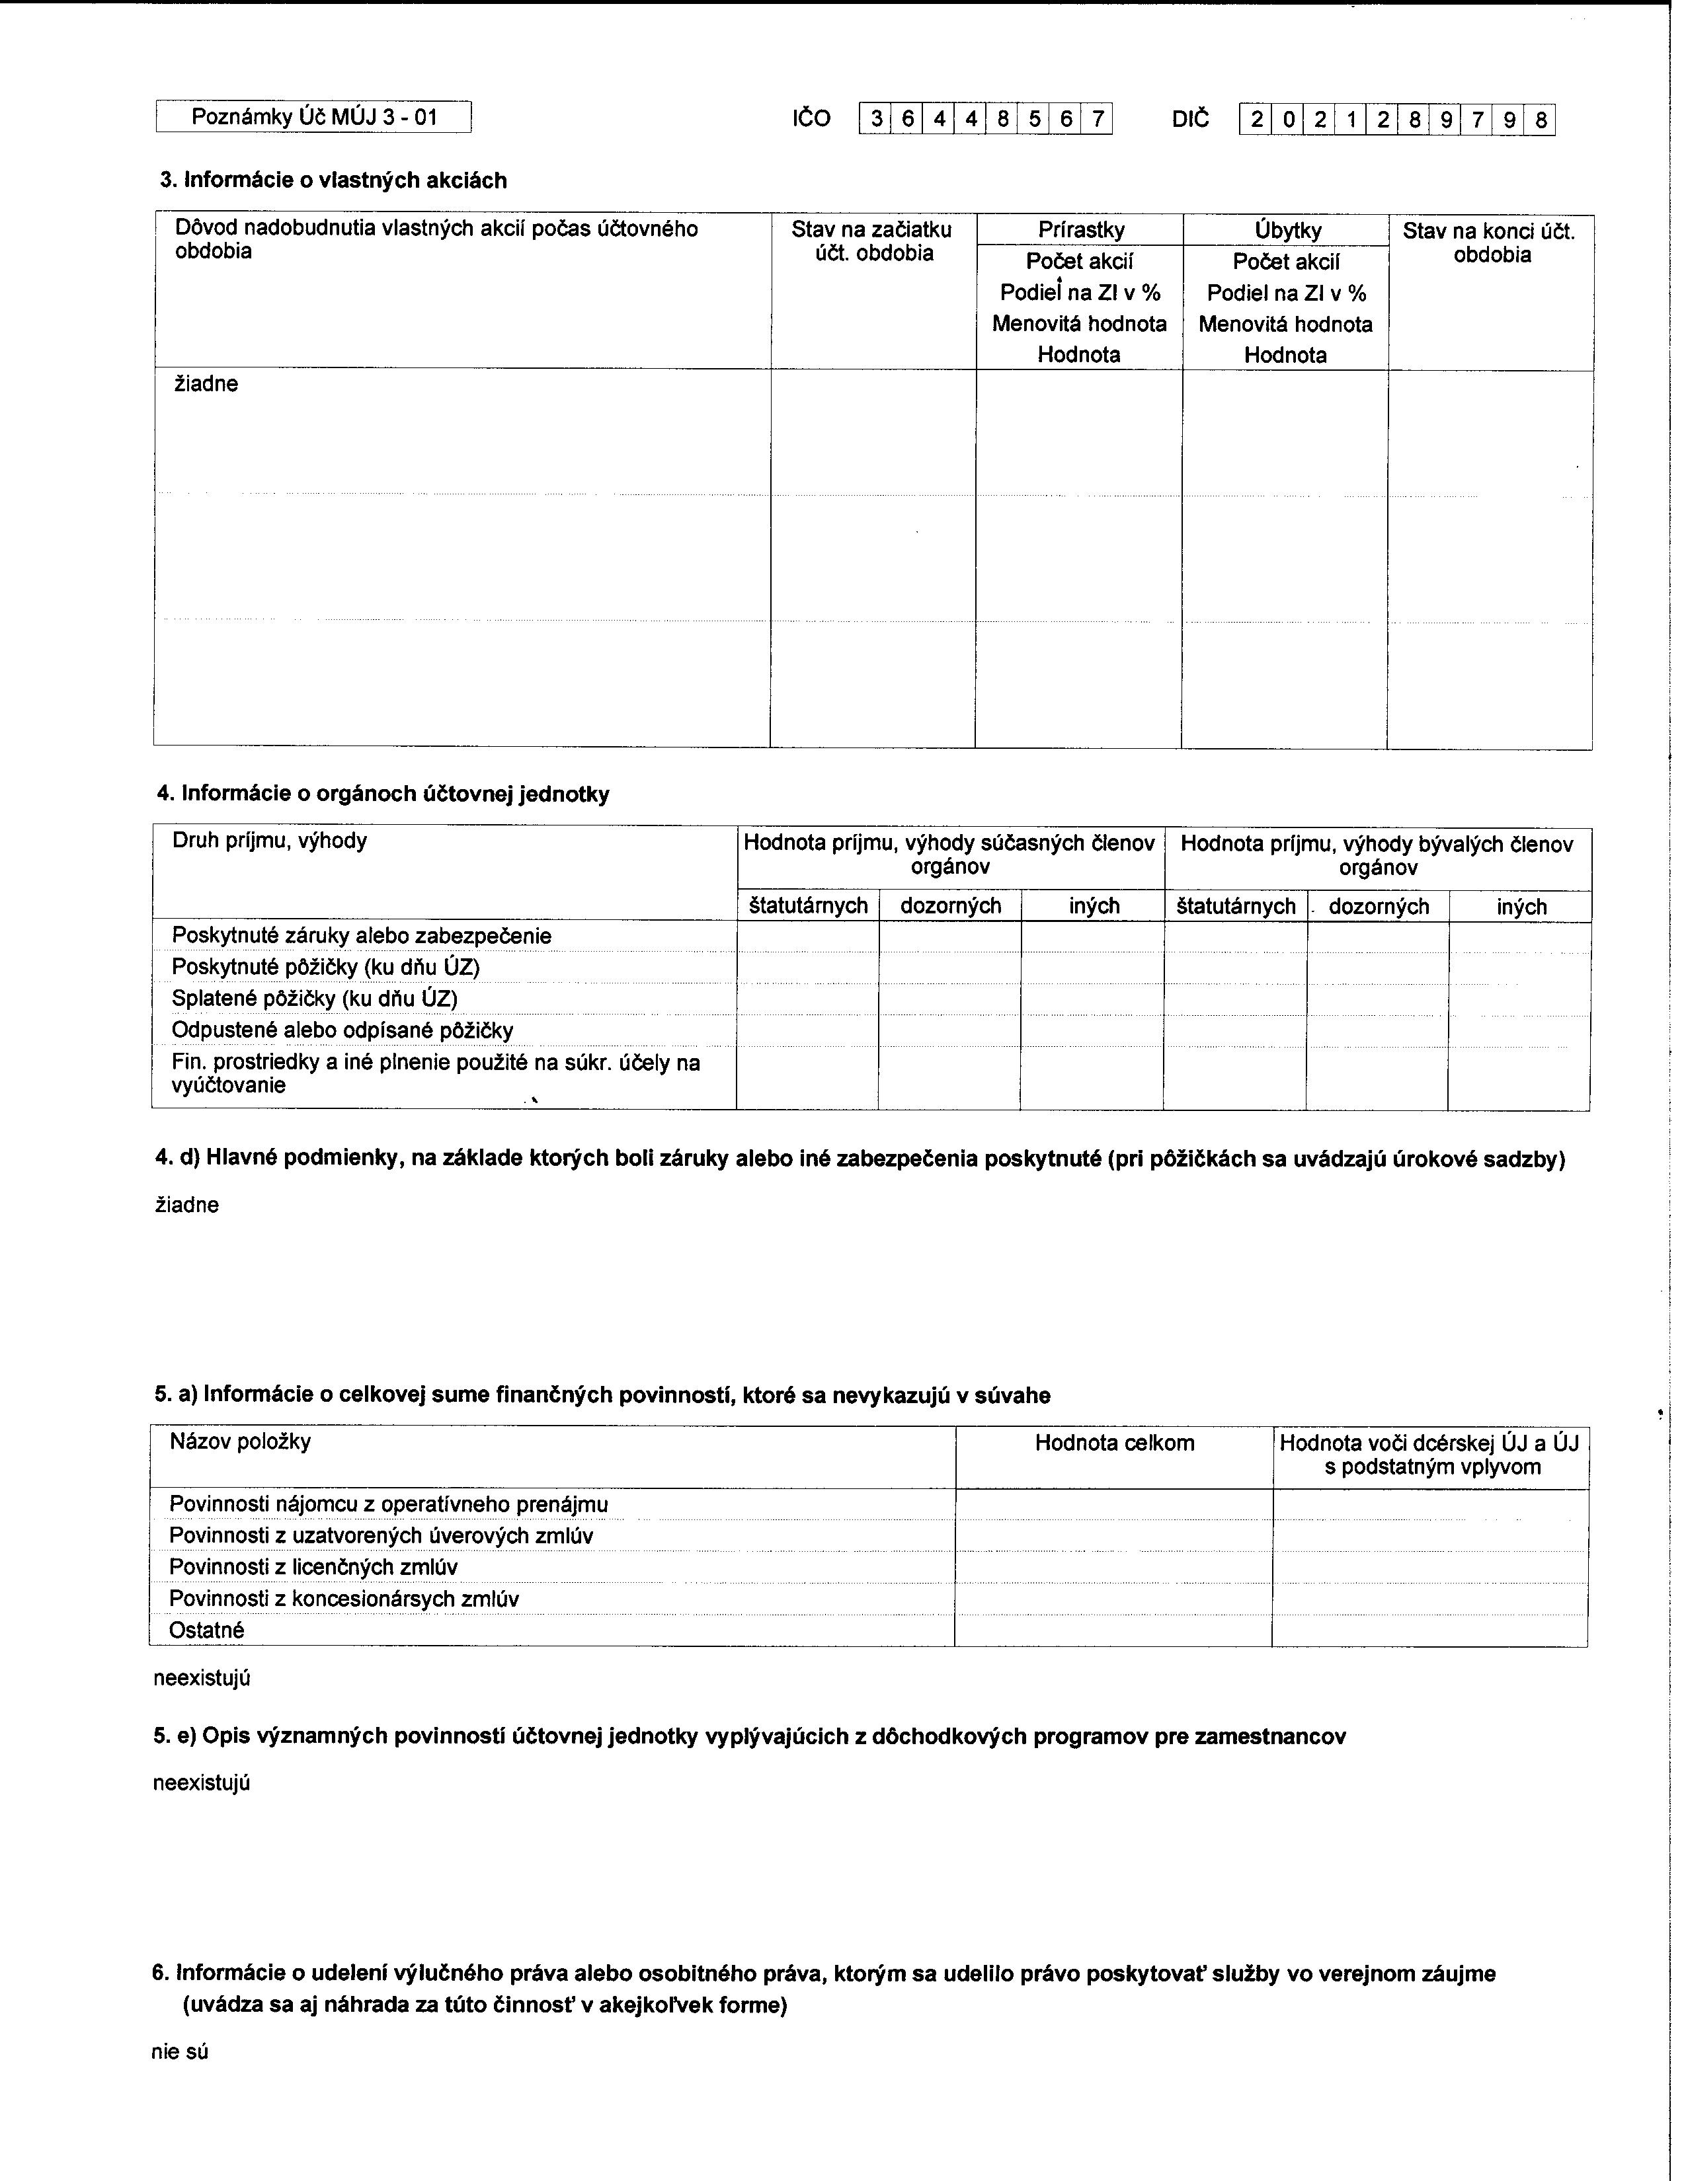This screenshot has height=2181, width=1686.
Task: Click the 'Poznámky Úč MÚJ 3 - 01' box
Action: (313, 117)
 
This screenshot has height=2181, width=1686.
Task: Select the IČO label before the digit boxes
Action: (811, 119)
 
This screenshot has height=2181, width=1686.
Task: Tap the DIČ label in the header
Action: (1189, 119)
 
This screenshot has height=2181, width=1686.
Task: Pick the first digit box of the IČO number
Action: (875, 120)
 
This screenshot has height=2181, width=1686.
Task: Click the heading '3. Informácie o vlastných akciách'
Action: (334, 180)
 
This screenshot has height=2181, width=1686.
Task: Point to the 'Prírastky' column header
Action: (1081, 230)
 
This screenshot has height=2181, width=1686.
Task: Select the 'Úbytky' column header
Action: (1287, 231)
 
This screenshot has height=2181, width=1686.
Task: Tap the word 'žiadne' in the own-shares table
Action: (207, 383)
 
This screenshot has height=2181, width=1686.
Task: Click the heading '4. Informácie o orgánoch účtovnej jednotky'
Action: (383, 794)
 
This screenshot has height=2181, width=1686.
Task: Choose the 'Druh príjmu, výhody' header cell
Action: (270, 840)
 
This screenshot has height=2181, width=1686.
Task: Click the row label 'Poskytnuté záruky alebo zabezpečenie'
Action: (362, 936)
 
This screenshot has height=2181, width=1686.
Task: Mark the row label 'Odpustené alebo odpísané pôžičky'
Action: (342, 1030)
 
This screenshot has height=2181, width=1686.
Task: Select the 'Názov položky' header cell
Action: (240, 1441)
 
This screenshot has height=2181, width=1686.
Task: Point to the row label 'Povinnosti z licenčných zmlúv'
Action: (313, 1567)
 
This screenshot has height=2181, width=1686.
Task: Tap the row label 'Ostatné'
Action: (207, 1630)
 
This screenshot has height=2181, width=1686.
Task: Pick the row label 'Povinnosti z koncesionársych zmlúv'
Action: (344, 1598)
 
